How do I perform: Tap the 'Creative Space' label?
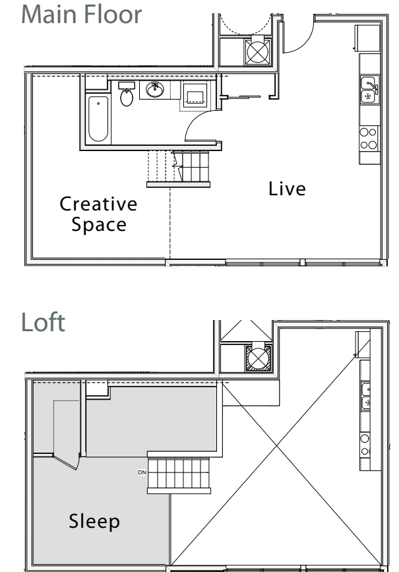point(99,214)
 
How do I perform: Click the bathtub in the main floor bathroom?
point(98,119)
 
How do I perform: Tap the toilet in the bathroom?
point(127,96)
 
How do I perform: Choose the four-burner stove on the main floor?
point(368,139)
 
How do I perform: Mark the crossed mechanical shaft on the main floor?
point(256,51)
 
